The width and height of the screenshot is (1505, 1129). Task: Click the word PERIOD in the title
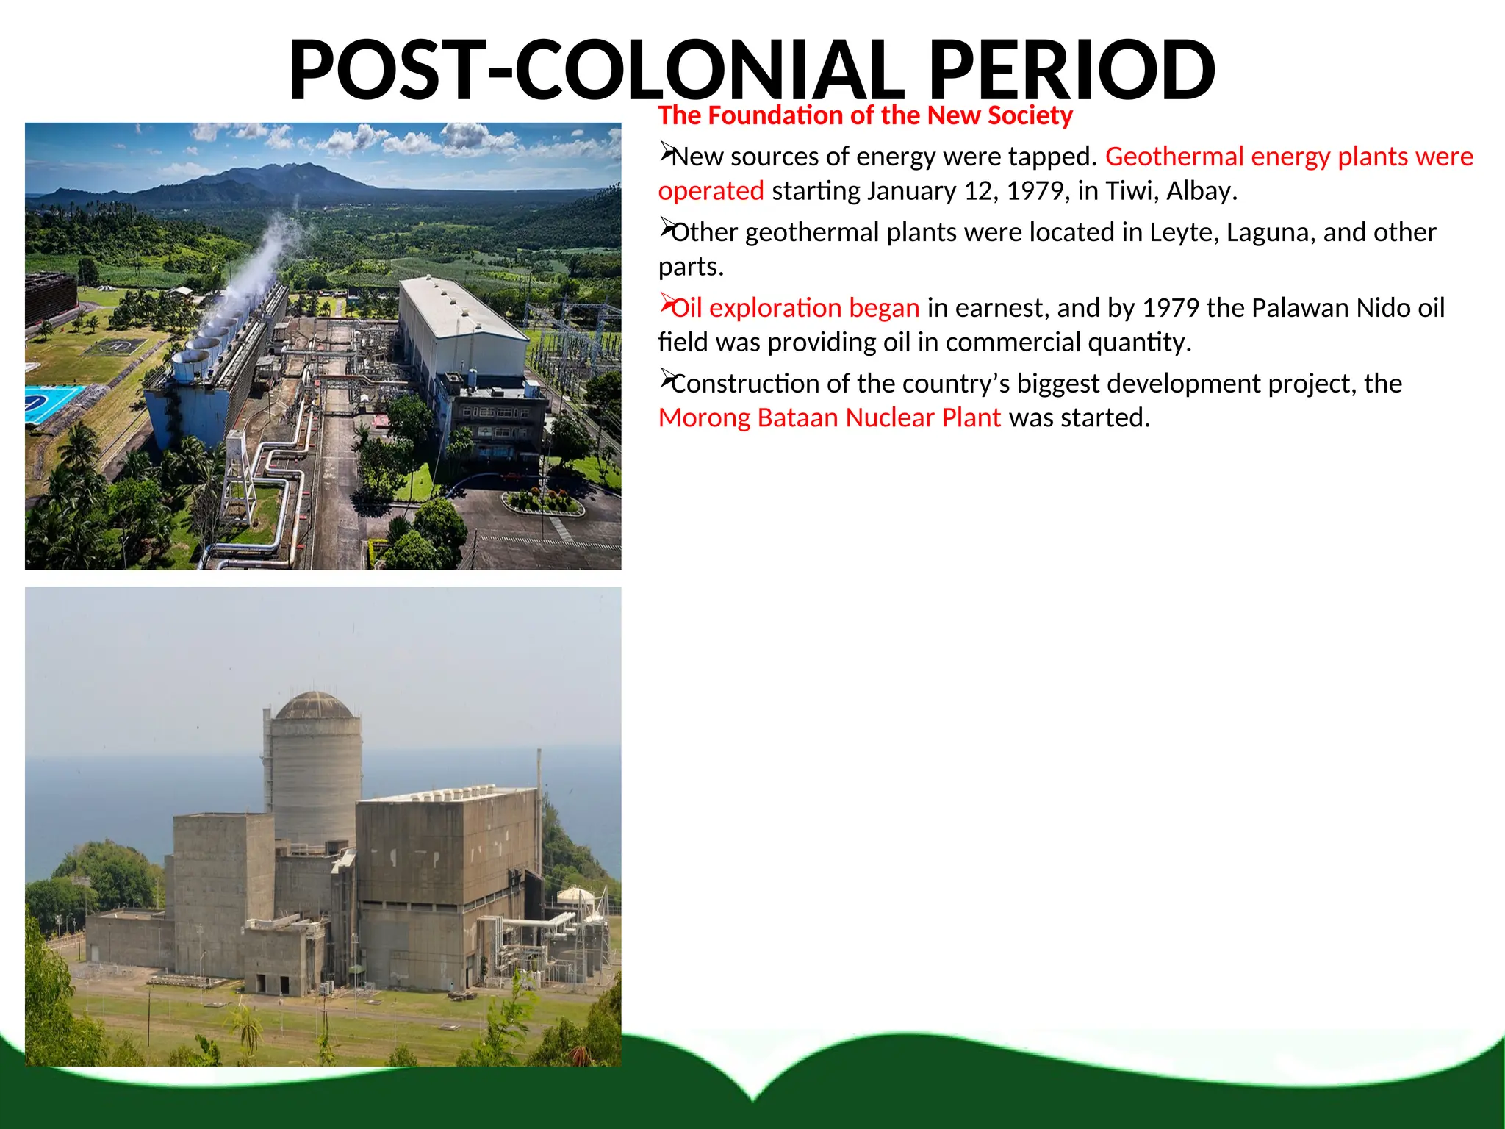[x=1071, y=71]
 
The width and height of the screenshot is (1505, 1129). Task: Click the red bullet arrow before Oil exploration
[x=667, y=303]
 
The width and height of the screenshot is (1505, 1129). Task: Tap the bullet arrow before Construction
[x=667, y=379]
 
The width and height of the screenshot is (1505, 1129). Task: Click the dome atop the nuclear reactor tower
[x=315, y=706]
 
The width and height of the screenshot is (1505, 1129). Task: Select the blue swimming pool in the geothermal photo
[x=51, y=403]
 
